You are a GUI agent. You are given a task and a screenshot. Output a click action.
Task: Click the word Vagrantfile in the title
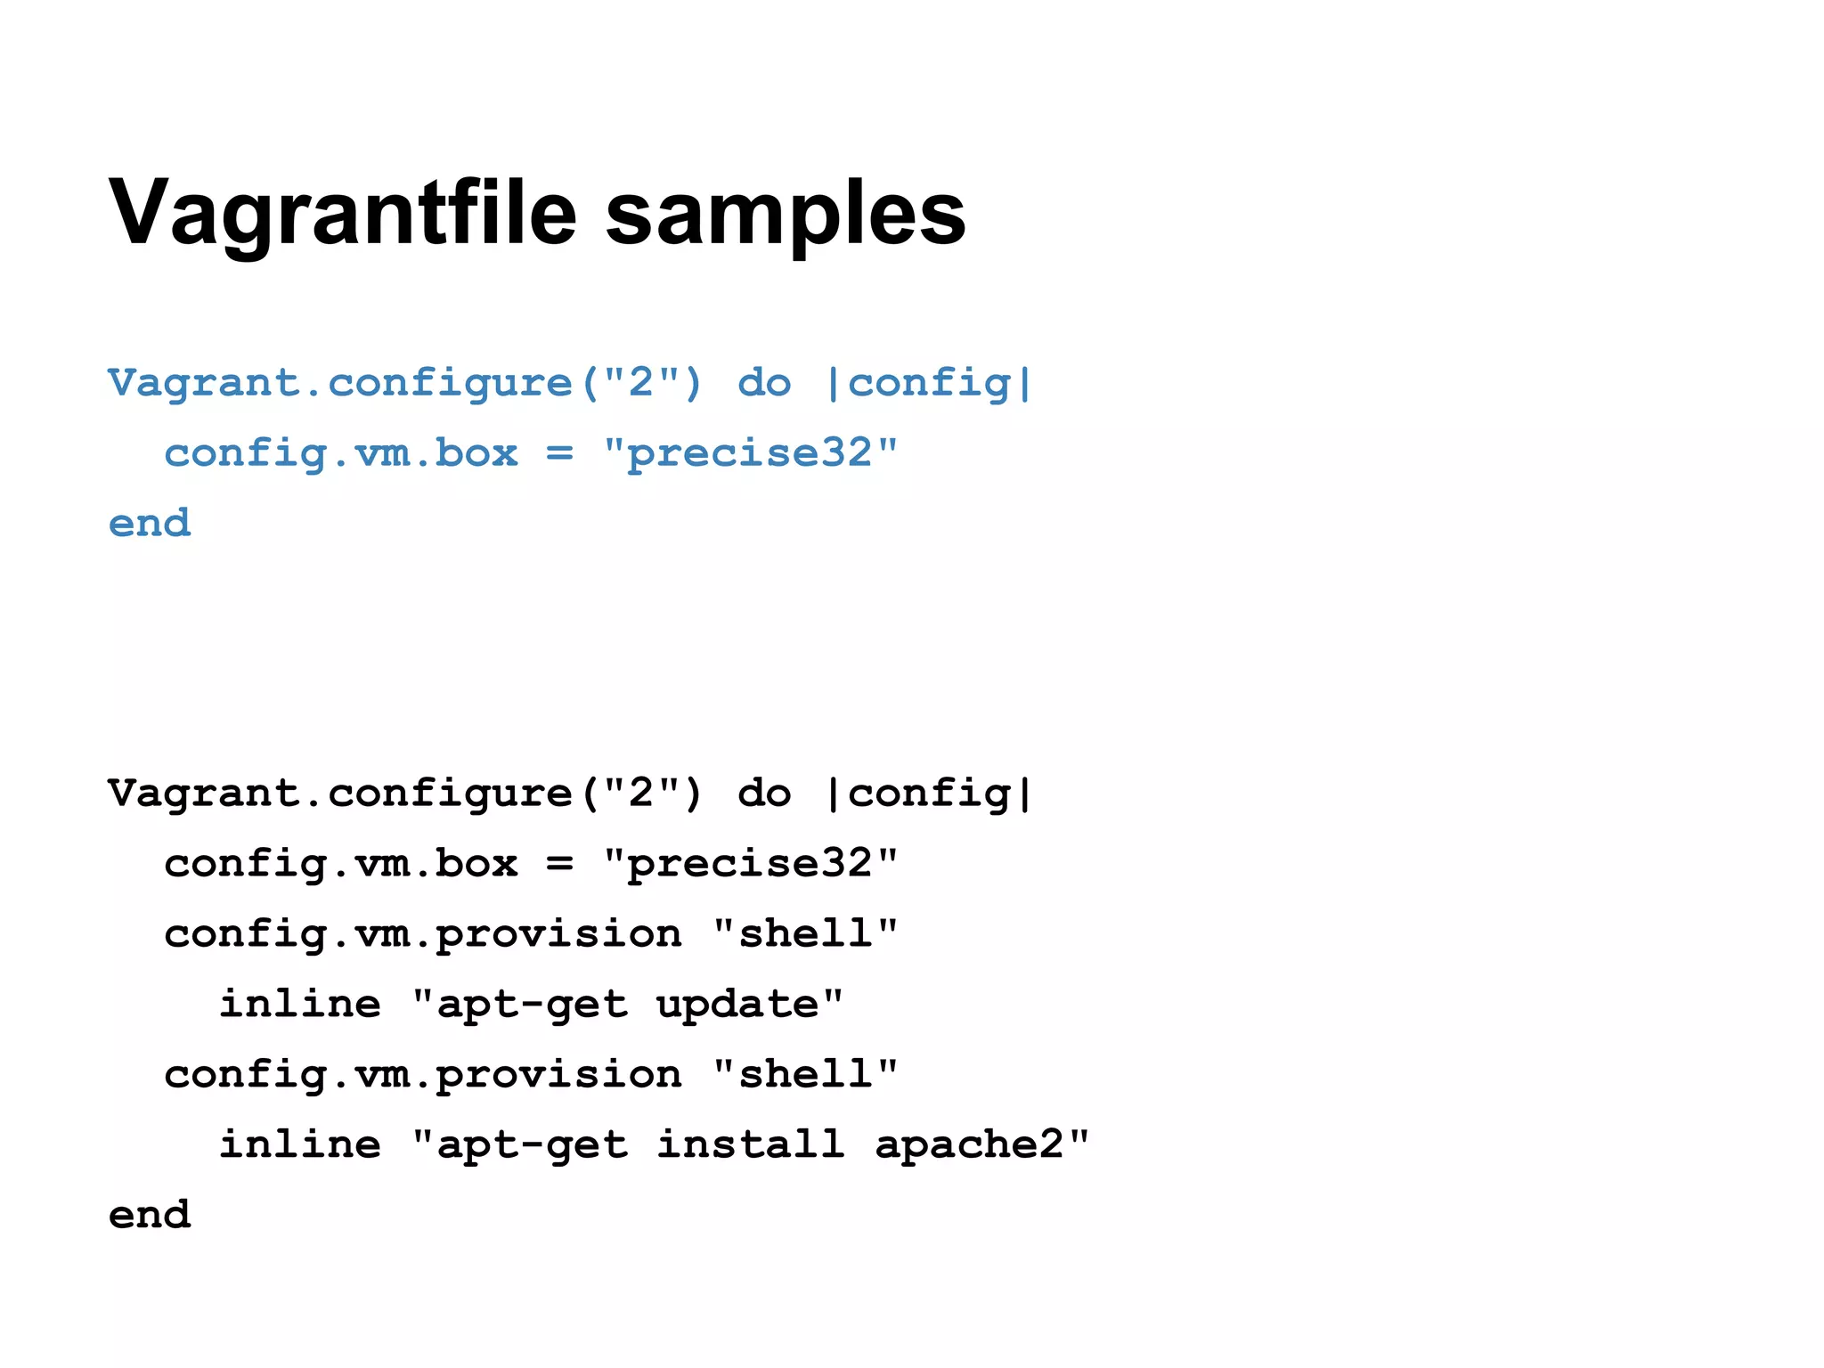click(343, 214)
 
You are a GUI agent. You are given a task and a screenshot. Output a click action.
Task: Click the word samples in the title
click(786, 214)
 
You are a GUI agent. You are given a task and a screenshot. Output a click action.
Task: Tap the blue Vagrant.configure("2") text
click(405, 384)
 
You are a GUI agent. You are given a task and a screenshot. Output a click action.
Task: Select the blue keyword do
click(764, 384)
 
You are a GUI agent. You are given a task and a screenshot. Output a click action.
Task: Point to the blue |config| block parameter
click(929, 384)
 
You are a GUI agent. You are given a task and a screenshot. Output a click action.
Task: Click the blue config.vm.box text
click(341, 453)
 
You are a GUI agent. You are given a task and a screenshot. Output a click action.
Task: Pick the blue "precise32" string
click(751, 453)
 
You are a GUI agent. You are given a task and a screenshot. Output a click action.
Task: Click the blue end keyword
click(150, 523)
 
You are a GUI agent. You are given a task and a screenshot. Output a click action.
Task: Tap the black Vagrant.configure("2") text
click(405, 794)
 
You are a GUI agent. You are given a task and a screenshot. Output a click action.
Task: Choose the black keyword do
click(764, 794)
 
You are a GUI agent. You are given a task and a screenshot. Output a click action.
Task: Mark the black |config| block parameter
click(929, 794)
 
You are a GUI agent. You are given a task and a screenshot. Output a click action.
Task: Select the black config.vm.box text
click(341, 864)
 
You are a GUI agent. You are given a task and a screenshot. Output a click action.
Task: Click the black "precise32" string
click(751, 864)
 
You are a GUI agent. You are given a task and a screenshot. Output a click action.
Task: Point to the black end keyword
click(150, 1215)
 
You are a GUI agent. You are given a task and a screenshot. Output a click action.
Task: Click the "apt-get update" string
click(628, 1005)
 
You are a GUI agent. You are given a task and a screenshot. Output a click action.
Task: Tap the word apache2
click(970, 1144)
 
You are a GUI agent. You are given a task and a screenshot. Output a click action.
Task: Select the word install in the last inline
click(751, 1144)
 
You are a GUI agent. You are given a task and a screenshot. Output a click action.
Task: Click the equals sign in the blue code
click(559, 453)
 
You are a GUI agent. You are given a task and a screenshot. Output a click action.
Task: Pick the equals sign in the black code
click(559, 864)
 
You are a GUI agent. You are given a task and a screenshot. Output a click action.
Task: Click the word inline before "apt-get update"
click(300, 1005)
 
